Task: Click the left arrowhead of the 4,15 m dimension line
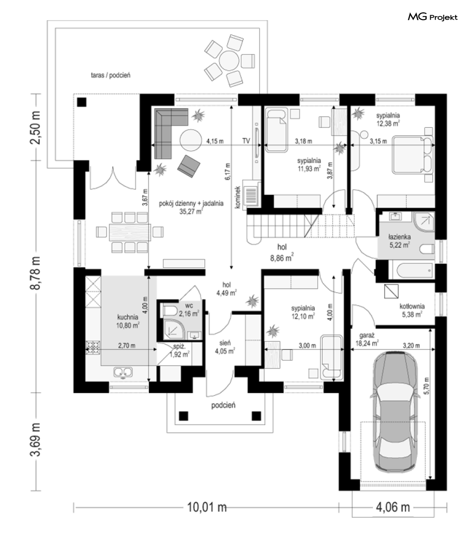(x=153, y=145)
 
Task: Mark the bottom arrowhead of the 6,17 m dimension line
(x=231, y=267)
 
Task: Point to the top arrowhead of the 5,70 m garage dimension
(x=430, y=330)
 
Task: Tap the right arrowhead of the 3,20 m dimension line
(x=433, y=349)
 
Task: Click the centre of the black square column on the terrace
(x=82, y=102)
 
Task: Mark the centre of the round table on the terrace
(x=229, y=61)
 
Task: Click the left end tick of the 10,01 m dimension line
(x=74, y=507)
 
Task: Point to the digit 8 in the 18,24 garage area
(x=361, y=343)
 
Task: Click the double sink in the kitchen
(x=123, y=372)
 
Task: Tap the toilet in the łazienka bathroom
(x=427, y=250)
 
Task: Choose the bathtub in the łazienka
(x=415, y=271)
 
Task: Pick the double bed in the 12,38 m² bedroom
(x=414, y=155)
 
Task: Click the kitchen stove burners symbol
(x=93, y=347)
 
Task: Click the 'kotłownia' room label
(x=412, y=306)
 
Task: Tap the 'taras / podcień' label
(x=111, y=75)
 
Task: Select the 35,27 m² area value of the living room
(x=191, y=211)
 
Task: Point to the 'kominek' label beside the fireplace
(x=237, y=197)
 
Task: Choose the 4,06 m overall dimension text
(x=393, y=507)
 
